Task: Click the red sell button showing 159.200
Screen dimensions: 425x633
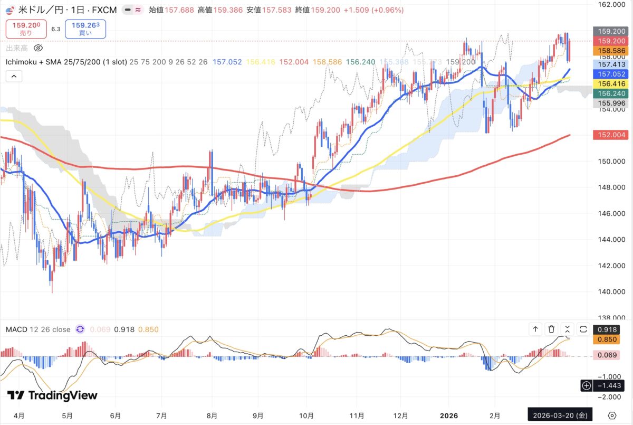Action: click(x=26, y=29)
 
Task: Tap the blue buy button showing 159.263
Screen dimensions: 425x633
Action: click(x=85, y=29)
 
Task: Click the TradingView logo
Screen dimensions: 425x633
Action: click(x=52, y=395)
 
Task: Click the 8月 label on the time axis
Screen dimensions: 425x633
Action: click(x=212, y=415)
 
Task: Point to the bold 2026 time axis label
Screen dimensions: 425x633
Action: click(x=448, y=415)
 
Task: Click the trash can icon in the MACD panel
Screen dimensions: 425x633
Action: click(x=551, y=329)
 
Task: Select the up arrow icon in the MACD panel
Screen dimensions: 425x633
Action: click(x=535, y=329)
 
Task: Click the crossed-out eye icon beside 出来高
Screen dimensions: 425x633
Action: click(x=38, y=48)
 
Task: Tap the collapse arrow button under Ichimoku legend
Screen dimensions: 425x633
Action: click(x=14, y=77)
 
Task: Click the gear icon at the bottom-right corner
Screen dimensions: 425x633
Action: click(x=612, y=415)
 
